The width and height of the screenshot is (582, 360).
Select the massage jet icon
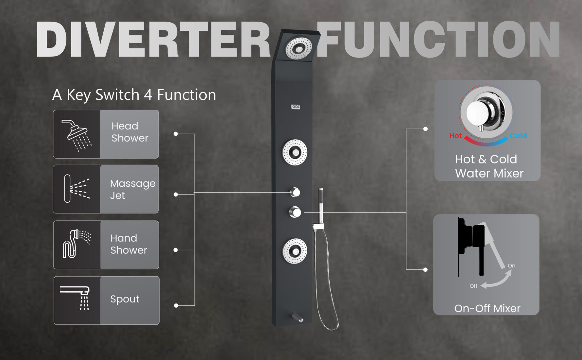(x=77, y=189)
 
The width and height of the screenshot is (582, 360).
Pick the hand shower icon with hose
(x=77, y=244)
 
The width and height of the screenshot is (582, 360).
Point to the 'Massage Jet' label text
(x=132, y=189)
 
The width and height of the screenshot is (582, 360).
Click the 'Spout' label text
(x=125, y=299)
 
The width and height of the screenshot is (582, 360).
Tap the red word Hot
(x=455, y=136)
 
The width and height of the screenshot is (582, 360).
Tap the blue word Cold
(x=518, y=136)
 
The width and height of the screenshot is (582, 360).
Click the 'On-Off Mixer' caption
(x=487, y=308)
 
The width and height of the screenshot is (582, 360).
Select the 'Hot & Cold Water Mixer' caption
(x=489, y=166)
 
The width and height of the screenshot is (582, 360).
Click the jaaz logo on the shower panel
(x=295, y=107)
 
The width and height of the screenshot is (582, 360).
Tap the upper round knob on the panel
(x=295, y=192)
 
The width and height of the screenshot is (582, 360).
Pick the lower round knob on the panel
(x=295, y=212)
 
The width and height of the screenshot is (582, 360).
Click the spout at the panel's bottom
(x=298, y=317)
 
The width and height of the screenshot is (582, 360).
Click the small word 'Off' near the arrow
(x=473, y=286)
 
